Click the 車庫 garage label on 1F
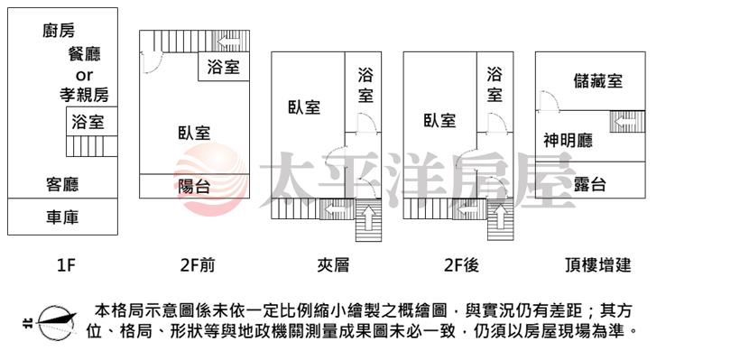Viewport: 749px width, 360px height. click(62, 217)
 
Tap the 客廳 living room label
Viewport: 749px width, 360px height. click(62, 184)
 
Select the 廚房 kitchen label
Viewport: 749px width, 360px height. click(59, 31)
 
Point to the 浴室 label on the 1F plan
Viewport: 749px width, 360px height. click(88, 122)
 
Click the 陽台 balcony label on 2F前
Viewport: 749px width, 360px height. click(194, 186)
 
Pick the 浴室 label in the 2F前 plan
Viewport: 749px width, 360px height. click(223, 67)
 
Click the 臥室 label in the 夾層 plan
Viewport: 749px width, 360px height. click(304, 107)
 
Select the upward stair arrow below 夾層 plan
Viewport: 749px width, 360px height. click(369, 217)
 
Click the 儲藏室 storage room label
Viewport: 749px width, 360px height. click(598, 80)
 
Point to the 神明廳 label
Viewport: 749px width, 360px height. click(568, 141)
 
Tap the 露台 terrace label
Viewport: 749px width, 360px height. click(590, 184)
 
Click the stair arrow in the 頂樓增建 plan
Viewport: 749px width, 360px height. click(624, 122)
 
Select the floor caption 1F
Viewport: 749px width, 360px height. click(67, 264)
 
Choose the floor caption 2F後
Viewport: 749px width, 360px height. click(461, 264)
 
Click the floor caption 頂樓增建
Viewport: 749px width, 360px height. click(597, 264)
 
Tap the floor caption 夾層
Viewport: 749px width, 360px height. click(333, 264)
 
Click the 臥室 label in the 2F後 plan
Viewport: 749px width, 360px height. click(439, 120)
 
